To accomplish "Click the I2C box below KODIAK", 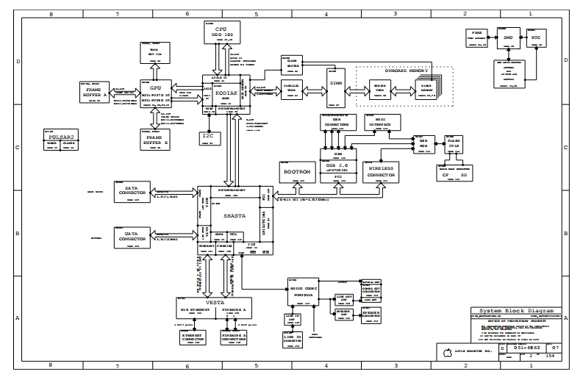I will point(207,137).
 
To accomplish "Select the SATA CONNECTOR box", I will point(132,191).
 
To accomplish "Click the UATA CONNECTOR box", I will point(132,237).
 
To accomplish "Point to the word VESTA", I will point(215,303).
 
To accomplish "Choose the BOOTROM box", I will point(296,171).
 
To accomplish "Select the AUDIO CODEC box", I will point(302,291).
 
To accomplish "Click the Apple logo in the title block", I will point(446,351).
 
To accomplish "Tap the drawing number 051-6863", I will point(526,348).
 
